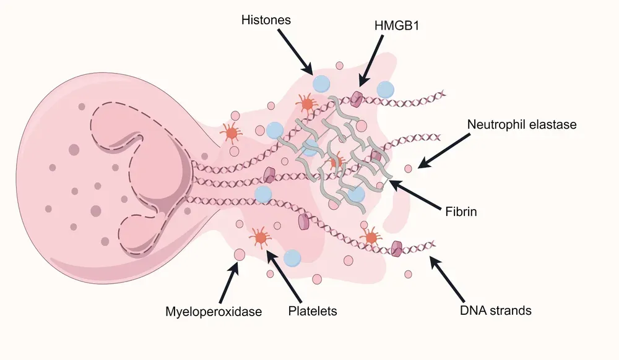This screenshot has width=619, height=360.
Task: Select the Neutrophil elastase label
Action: click(x=522, y=124)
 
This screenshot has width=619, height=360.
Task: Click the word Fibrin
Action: click(x=460, y=212)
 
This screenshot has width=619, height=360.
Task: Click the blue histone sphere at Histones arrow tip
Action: click(x=321, y=84)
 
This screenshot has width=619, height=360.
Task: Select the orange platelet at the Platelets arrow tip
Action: click(x=259, y=236)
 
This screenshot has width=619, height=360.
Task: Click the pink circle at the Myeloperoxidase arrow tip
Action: click(x=239, y=254)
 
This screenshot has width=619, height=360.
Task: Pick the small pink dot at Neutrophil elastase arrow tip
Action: click(x=408, y=168)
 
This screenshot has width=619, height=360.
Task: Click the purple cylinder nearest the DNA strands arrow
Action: click(x=397, y=248)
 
